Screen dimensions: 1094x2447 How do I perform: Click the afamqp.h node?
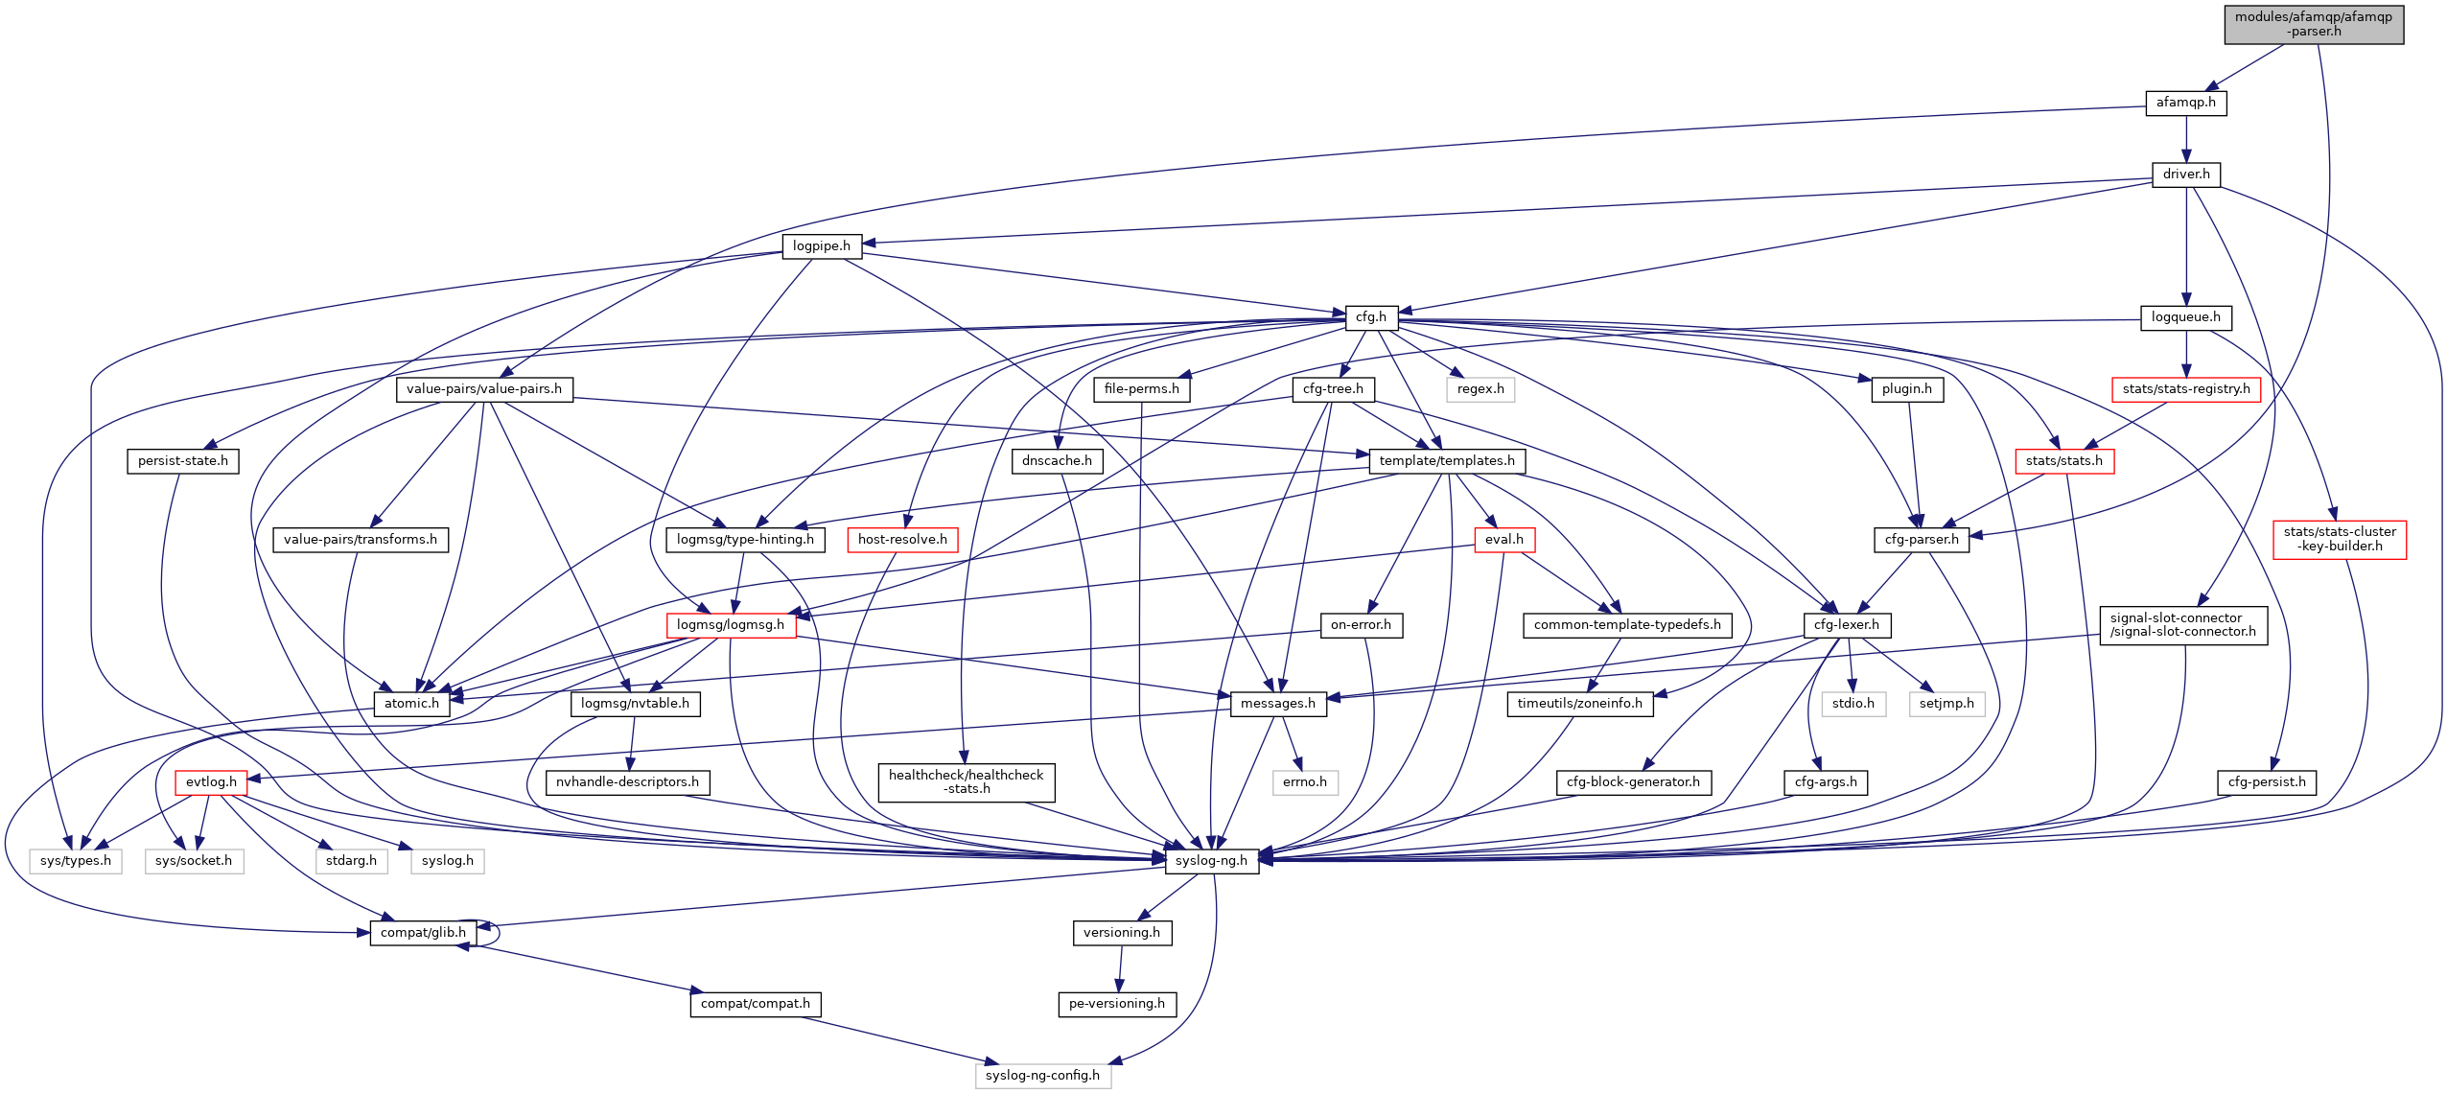(2185, 103)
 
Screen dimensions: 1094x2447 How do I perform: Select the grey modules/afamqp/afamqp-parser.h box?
(2314, 24)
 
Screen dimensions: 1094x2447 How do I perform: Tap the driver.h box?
(2185, 175)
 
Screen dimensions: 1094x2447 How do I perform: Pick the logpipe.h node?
(821, 246)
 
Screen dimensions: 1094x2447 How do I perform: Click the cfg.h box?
(1370, 317)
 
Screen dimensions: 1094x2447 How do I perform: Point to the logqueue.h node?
(2185, 317)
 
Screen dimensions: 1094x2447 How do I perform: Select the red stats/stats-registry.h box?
(2185, 389)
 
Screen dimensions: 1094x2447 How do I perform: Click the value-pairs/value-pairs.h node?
(483, 389)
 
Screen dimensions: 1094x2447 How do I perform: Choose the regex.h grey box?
(1480, 389)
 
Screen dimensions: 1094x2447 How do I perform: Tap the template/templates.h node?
(1446, 461)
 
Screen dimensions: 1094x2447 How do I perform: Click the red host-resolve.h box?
(901, 540)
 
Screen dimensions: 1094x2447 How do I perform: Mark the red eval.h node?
(1503, 540)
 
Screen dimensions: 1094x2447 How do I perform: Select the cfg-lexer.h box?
(1846, 625)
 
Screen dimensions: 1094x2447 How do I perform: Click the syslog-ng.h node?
(1211, 861)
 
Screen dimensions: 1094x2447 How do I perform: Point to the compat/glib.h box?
(423, 933)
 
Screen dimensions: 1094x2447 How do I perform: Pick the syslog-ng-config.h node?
(1042, 1076)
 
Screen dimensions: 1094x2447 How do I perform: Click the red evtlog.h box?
(211, 782)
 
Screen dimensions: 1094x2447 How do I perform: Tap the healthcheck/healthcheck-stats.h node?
(966, 782)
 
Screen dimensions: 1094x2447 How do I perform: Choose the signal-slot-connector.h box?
(2182, 625)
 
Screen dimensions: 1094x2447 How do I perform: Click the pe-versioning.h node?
(1116, 1004)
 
